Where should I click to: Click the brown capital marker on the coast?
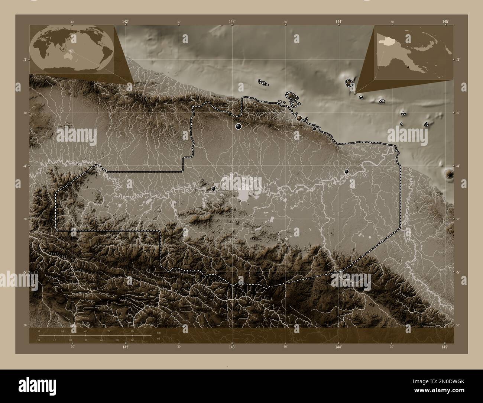pyautogui.click(x=299, y=118)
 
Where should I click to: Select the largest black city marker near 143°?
pyautogui.click(x=238, y=127)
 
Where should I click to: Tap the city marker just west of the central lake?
pyautogui.click(x=213, y=189)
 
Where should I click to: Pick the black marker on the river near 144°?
pyautogui.click(x=347, y=172)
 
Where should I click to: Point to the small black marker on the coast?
pyautogui.click(x=314, y=129)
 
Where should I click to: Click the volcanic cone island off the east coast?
pyautogui.click(x=450, y=173)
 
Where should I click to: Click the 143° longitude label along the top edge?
pyautogui.click(x=232, y=22)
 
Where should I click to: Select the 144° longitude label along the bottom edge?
pyautogui.click(x=338, y=347)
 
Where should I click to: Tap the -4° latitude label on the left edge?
pyautogui.click(x=24, y=166)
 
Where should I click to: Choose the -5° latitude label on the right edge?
pyautogui.click(x=458, y=272)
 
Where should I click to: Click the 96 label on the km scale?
pyautogui.click(x=132, y=331)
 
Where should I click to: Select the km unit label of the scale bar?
pyautogui.click(x=158, y=333)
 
